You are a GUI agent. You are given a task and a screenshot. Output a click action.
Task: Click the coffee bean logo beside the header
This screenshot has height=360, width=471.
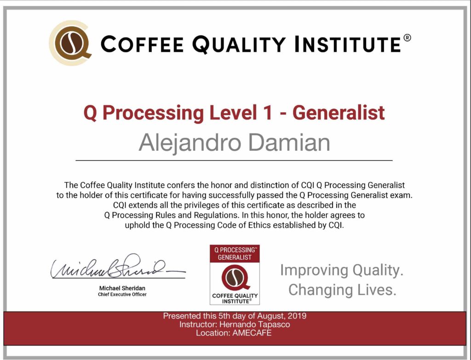coord(70,43)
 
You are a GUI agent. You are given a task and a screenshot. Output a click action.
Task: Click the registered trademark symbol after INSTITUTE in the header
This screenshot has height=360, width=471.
coord(407,38)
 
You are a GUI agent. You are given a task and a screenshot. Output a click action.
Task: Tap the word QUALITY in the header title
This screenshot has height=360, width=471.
coord(239,45)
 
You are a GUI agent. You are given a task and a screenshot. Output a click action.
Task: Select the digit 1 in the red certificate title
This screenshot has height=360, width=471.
coord(268,113)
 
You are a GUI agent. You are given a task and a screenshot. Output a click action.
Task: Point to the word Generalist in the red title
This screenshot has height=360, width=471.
coord(339,113)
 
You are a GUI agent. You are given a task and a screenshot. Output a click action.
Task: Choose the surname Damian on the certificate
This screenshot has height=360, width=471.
coord(289,143)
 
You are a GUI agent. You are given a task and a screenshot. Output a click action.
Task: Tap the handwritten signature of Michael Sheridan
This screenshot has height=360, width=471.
coord(118,267)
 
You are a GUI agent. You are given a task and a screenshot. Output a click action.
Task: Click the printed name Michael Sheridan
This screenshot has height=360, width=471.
coord(122,288)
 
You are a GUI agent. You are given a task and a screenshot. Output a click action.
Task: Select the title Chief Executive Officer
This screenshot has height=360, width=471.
coord(122,295)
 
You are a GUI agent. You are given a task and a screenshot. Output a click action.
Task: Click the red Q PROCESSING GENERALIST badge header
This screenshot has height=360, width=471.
coord(235,254)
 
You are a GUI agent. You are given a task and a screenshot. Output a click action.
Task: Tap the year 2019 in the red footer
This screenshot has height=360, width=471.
coord(297,316)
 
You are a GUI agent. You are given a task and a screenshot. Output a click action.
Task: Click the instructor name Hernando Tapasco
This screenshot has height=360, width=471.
coord(255,325)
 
